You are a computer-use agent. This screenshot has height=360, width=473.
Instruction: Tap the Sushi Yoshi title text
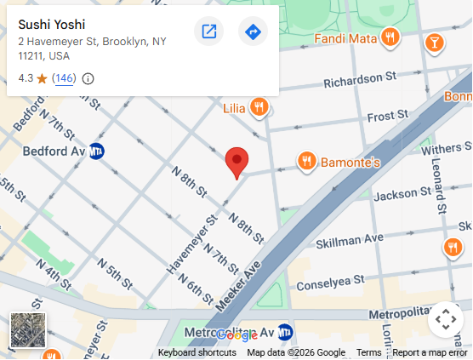[x=52, y=24]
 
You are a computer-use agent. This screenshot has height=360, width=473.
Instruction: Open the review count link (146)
[x=64, y=78]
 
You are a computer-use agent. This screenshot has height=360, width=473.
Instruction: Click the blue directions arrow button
[x=253, y=32]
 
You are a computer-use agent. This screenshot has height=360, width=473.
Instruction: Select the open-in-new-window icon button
[x=208, y=32]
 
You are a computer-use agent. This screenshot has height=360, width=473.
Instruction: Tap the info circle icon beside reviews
[x=88, y=79]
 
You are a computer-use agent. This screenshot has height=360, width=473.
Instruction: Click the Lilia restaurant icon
[x=259, y=107]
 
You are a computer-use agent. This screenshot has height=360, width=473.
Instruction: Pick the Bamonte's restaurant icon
[x=306, y=160]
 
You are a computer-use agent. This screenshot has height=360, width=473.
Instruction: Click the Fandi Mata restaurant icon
[x=390, y=37]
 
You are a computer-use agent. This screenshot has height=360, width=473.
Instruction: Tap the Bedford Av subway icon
[x=98, y=151]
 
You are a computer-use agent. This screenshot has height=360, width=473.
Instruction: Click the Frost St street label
[x=381, y=116]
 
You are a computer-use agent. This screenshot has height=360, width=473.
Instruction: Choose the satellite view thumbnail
[x=28, y=330]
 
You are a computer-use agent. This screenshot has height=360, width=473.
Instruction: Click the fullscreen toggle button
[x=445, y=320]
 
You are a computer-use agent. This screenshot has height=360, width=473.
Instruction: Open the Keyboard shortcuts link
[x=197, y=352]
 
